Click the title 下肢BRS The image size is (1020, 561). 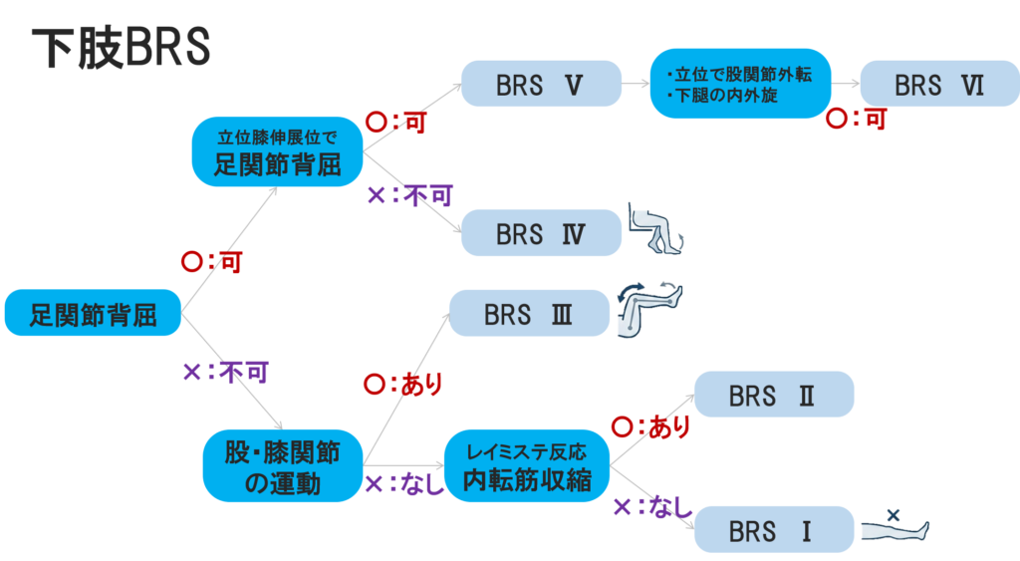point(121,48)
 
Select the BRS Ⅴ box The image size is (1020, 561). point(541,85)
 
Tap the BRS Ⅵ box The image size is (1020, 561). point(939,85)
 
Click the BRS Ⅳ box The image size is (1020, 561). point(541,234)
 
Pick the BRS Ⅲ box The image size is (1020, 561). point(529,313)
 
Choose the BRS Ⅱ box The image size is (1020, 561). point(774,395)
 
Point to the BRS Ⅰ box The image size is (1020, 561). point(774,529)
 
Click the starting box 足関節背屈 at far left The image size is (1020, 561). point(94,315)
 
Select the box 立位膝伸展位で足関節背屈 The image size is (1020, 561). point(278,152)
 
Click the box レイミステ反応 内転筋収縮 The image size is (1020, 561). point(527,466)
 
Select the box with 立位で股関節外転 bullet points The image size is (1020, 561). point(740,84)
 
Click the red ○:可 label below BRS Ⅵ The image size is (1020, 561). point(858,120)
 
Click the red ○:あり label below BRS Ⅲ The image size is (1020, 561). point(403,384)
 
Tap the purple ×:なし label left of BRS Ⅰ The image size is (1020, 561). point(652,507)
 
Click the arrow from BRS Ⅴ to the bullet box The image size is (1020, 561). point(636,85)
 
